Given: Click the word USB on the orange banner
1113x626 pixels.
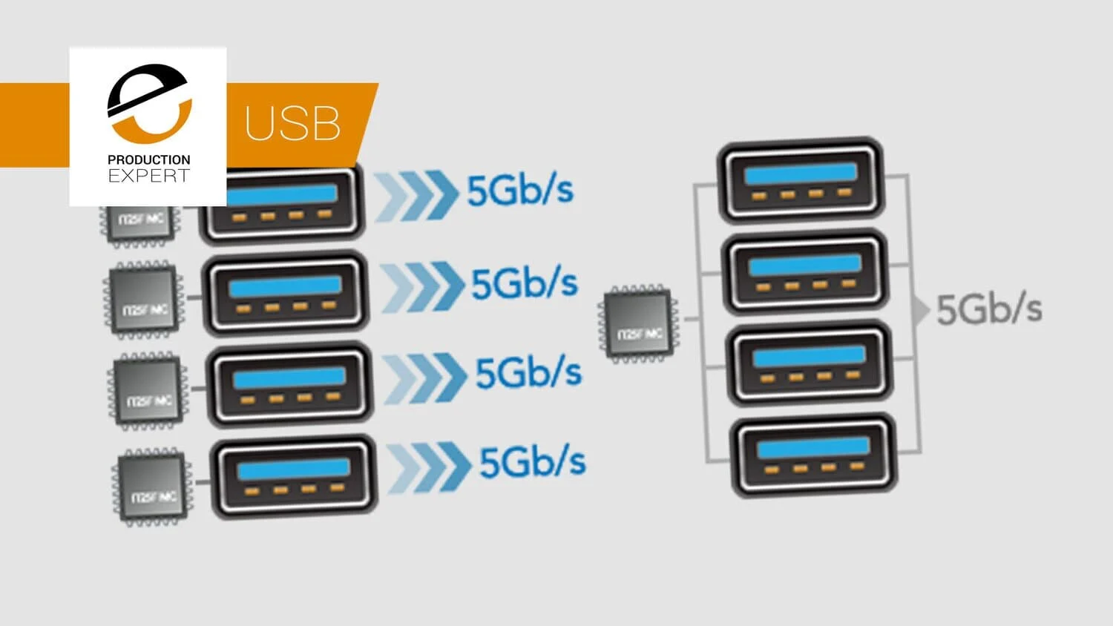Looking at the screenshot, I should pyautogui.click(x=292, y=123).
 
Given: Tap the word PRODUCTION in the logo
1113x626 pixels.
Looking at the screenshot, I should pyautogui.click(x=148, y=159).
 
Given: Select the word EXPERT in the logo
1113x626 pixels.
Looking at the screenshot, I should pyautogui.click(x=148, y=176).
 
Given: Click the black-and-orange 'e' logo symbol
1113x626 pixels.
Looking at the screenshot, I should pyautogui.click(x=150, y=103).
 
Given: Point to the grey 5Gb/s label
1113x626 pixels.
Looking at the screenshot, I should pyautogui.click(x=989, y=309).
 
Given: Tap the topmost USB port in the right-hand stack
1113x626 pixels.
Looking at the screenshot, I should pyautogui.click(x=800, y=179).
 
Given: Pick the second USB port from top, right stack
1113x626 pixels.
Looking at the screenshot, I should pyautogui.click(x=804, y=271).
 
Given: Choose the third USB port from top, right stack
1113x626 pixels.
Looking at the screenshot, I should pyautogui.click(x=809, y=363).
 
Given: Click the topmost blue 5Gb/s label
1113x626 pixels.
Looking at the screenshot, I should pyautogui.click(x=519, y=191).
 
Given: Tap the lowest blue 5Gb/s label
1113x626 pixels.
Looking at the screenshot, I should pyautogui.click(x=532, y=462).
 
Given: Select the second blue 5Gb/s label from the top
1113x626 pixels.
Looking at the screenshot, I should pyautogui.click(x=524, y=283).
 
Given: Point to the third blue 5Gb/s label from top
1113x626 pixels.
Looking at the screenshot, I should pyautogui.click(x=528, y=372).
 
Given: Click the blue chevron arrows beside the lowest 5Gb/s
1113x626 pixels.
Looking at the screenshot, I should pyautogui.click(x=429, y=467).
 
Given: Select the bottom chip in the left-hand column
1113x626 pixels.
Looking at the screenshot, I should pyautogui.click(x=151, y=487).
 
